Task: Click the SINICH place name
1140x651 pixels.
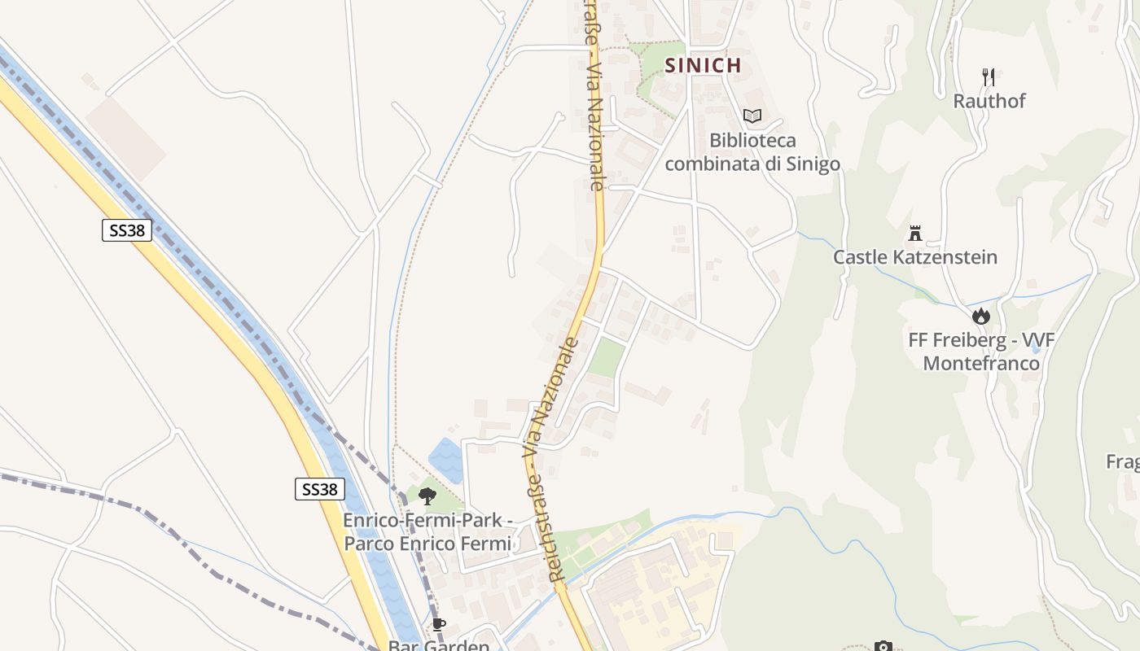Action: (704, 65)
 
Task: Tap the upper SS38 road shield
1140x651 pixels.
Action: (127, 230)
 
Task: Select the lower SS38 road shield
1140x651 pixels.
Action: (319, 489)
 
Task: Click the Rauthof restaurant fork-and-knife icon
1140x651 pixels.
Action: (989, 77)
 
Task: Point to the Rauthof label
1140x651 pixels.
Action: (989, 101)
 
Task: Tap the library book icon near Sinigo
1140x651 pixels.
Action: (752, 116)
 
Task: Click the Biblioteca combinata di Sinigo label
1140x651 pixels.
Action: (752, 152)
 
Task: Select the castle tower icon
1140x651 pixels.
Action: (915, 234)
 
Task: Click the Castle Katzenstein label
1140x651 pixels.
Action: (914, 257)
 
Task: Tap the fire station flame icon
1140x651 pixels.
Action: (980, 316)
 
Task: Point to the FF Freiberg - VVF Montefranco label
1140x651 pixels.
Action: (981, 351)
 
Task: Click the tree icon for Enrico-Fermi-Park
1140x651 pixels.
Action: (427, 496)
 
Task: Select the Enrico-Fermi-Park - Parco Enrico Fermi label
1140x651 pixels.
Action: (427, 531)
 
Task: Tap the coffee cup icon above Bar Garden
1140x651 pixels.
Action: (439, 625)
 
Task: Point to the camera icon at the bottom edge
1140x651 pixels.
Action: (883, 647)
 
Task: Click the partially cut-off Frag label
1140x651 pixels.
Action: (1123, 462)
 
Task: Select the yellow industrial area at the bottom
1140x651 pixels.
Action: (651, 594)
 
